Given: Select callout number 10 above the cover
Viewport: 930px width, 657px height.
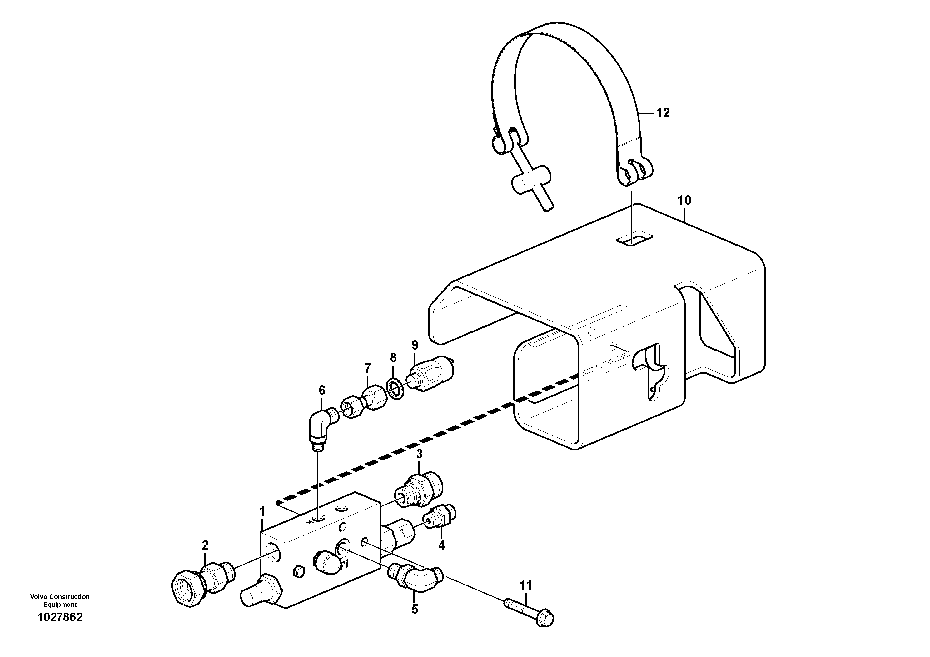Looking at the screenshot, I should [x=684, y=200].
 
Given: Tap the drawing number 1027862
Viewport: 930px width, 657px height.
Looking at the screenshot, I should [x=60, y=617].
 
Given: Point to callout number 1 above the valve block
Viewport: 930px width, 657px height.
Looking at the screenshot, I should [x=262, y=512].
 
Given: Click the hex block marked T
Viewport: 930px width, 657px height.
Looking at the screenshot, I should [x=399, y=535].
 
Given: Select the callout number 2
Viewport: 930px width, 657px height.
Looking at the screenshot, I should [x=205, y=545].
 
